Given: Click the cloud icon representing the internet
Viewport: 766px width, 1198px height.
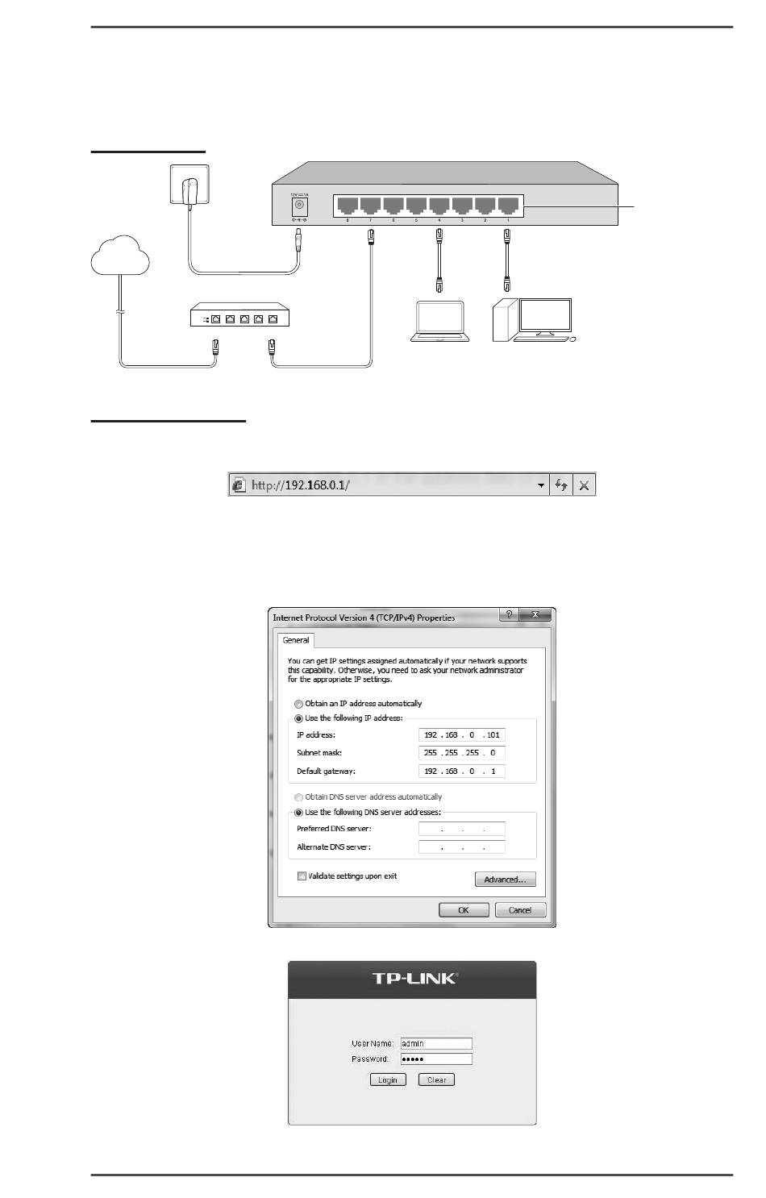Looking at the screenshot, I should (120, 257).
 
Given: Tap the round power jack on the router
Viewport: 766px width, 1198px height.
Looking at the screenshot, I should (299, 205).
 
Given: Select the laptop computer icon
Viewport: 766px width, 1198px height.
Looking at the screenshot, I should (439, 322).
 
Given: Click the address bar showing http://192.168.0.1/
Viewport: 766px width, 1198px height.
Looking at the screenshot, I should (387, 485).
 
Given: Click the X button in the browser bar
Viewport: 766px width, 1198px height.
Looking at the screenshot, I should (585, 485).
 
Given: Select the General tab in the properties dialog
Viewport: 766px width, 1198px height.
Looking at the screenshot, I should (296, 640).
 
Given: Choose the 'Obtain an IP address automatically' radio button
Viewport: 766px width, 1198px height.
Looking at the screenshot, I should (299, 704).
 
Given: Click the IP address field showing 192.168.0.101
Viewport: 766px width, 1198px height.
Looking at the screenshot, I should (462, 735).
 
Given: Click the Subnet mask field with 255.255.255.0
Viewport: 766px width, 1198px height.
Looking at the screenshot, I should (462, 753).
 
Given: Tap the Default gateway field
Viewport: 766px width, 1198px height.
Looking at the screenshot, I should (462, 772).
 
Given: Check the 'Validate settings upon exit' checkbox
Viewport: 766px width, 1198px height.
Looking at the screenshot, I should (302, 876).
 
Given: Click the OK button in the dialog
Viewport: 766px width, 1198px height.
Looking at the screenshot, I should (464, 910).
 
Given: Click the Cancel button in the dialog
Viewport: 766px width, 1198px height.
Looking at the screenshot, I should (520, 910).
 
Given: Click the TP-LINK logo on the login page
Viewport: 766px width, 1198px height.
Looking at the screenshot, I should (414, 979).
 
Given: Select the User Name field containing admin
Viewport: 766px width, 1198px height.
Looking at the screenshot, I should (436, 1043).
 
